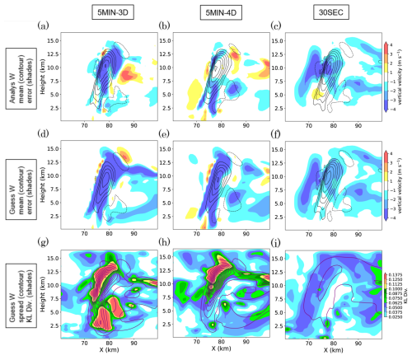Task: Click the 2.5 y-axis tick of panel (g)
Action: [51, 326]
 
